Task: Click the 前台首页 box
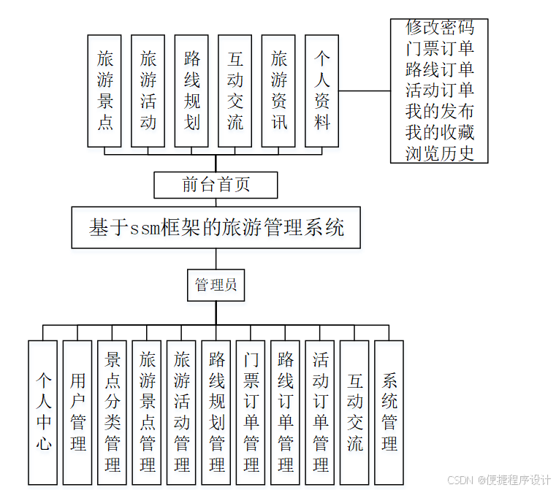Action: [216, 185]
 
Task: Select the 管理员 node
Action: [216, 285]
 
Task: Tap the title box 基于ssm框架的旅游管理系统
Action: [216, 228]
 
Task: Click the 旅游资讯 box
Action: [279, 91]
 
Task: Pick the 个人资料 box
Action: [322, 91]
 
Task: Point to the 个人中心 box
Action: [43, 412]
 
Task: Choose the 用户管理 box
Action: [77, 412]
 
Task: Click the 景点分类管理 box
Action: [113, 412]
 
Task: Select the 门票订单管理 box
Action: [251, 412]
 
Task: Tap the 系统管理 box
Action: [389, 412]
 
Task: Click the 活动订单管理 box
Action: [320, 412]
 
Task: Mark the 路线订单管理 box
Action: [286, 412]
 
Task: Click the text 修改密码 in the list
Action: [440, 28]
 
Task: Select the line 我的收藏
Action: [440, 132]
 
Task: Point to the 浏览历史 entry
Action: [440, 153]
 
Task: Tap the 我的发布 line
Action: [440, 111]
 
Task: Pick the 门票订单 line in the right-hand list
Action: [440, 49]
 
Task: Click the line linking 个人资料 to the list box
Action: [365, 91]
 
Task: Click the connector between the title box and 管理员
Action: [216, 259]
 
